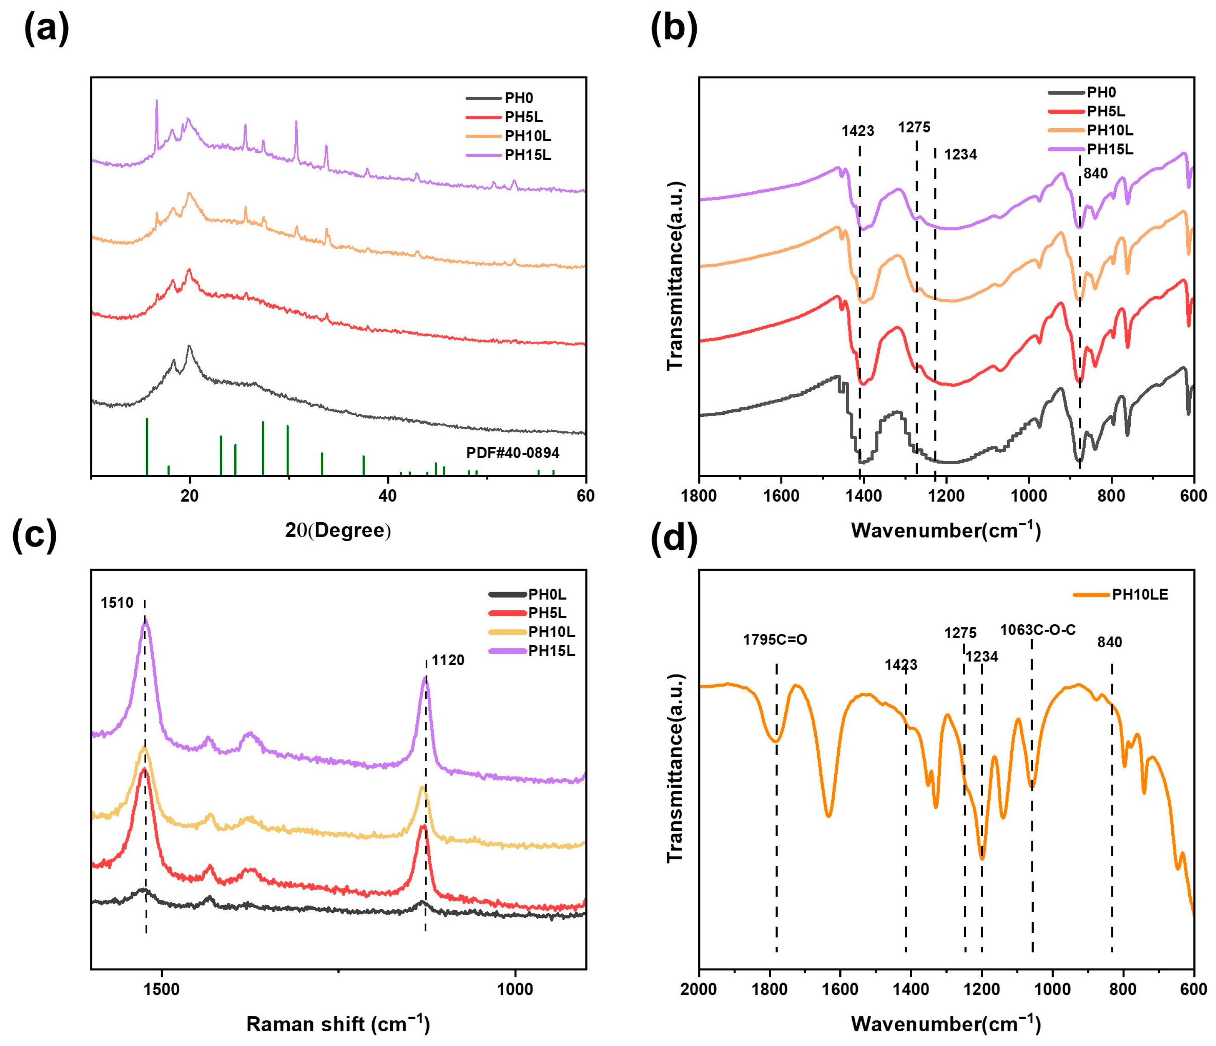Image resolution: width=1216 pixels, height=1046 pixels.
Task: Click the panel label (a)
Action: (46, 29)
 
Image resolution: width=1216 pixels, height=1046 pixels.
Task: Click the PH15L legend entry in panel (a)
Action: (527, 155)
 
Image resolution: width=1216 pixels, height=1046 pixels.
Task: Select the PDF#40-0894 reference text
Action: (512, 453)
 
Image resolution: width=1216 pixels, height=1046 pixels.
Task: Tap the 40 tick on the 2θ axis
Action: (387, 496)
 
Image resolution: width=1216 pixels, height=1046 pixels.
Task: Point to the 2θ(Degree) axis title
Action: (337, 530)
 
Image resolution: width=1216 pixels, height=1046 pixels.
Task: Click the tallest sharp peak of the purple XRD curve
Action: (156, 102)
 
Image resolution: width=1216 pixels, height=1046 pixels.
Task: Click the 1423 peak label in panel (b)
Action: (857, 131)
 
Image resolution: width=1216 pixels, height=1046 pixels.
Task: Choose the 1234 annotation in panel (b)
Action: (960, 155)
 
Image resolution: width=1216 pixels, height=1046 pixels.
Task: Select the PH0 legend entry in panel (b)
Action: (1101, 92)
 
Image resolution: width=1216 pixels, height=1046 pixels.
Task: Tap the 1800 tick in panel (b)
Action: (699, 496)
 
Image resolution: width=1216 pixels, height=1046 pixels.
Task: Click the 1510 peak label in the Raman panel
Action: (117, 603)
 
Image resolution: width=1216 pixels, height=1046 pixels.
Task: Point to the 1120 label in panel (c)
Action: (448, 661)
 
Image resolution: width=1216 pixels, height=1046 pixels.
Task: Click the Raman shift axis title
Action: (337, 1024)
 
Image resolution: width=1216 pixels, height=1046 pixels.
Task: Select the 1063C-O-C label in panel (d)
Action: (1037, 630)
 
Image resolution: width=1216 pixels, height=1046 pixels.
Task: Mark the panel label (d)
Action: (674, 538)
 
